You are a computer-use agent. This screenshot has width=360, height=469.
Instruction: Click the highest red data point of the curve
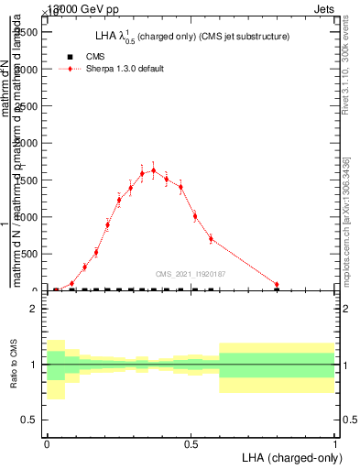point(154,169)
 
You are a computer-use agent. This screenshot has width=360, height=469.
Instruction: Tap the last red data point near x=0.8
point(277,285)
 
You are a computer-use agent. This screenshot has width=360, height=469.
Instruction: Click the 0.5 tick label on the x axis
point(191,444)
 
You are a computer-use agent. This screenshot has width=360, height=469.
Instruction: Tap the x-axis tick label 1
point(335,444)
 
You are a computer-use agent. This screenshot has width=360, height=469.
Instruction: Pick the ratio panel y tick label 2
point(33,309)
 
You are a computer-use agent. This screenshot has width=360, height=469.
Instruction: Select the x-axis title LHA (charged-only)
point(287,457)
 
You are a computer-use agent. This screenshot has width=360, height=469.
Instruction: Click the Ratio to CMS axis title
point(14,364)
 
